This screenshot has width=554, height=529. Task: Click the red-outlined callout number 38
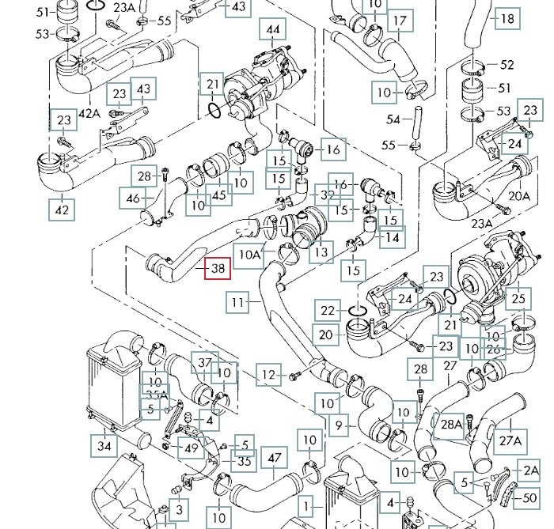217,270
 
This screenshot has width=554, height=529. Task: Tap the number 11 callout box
238,301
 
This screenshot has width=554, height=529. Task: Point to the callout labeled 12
271,374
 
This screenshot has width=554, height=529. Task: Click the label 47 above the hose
274,458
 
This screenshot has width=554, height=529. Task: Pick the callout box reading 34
105,446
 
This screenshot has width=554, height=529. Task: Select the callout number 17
400,21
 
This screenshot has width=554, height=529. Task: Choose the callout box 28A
450,425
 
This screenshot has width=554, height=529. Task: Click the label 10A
251,255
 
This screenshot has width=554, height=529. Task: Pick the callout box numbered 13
321,253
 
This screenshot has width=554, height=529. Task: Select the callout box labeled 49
191,448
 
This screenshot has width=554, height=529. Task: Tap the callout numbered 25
518,298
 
